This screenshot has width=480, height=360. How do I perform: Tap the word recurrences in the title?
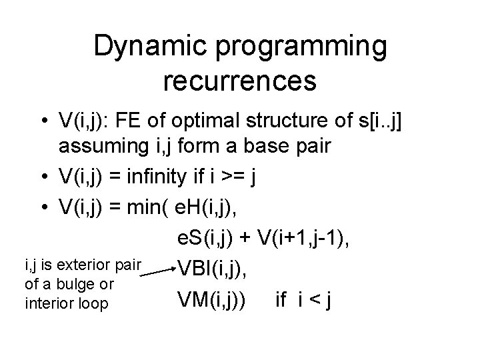pyautogui.click(x=239, y=81)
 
